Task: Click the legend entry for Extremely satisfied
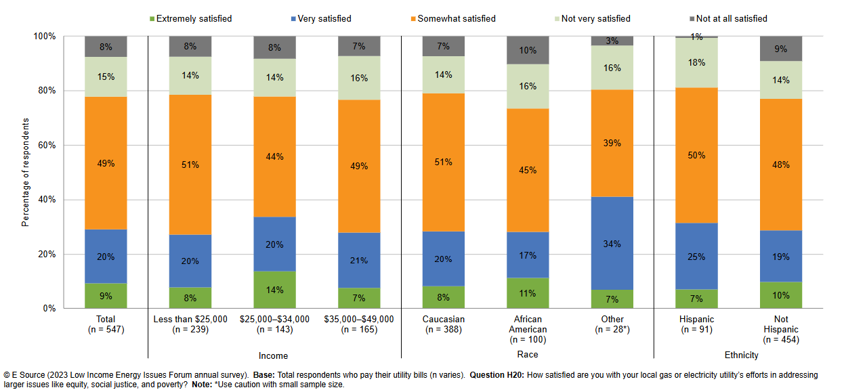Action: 194,19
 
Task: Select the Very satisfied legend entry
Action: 324,19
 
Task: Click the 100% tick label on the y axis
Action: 46,36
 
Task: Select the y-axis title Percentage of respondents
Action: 26,172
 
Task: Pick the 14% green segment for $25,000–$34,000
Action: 275,290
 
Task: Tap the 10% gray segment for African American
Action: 528,50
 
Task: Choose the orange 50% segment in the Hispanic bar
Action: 696,156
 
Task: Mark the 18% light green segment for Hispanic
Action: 696,63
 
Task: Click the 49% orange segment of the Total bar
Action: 106,163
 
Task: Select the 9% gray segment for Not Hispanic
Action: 781,49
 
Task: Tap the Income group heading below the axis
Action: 273,355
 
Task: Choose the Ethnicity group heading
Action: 741,355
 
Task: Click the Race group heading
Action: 528,355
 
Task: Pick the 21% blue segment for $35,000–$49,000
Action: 359,261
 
